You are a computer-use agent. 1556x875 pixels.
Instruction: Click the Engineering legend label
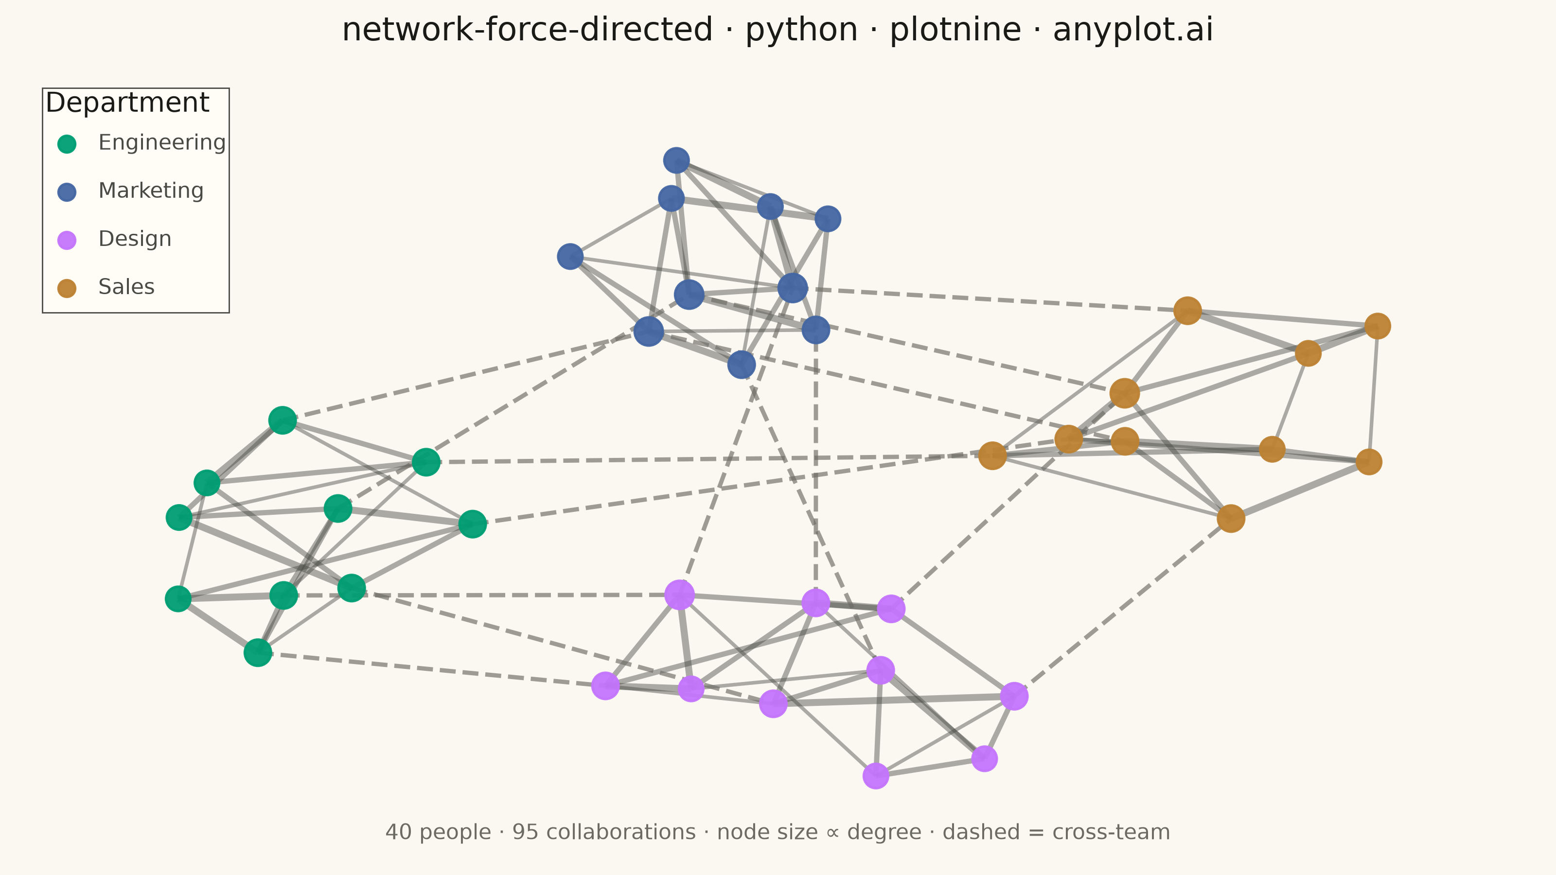(162, 143)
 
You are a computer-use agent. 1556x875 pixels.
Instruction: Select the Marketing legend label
(151, 191)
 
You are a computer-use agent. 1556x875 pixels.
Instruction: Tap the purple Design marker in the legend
(67, 240)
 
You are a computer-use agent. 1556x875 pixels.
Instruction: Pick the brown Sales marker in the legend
(67, 288)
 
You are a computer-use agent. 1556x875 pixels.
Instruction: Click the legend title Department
(127, 103)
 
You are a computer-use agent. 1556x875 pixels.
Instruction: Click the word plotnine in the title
(955, 30)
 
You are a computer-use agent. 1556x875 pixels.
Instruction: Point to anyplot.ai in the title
(1133, 30)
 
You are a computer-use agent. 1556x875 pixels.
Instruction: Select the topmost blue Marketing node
(676, 160)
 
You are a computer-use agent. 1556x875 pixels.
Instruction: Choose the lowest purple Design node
(876, 776)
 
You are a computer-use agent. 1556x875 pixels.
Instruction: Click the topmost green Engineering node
(282, 420)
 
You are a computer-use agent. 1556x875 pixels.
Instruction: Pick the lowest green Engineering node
(258, 653)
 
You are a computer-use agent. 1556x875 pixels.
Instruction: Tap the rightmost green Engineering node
(472, 524)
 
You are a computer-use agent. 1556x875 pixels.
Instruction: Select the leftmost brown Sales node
(992, 455)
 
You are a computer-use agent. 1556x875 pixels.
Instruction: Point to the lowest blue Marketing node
(742, 364)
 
